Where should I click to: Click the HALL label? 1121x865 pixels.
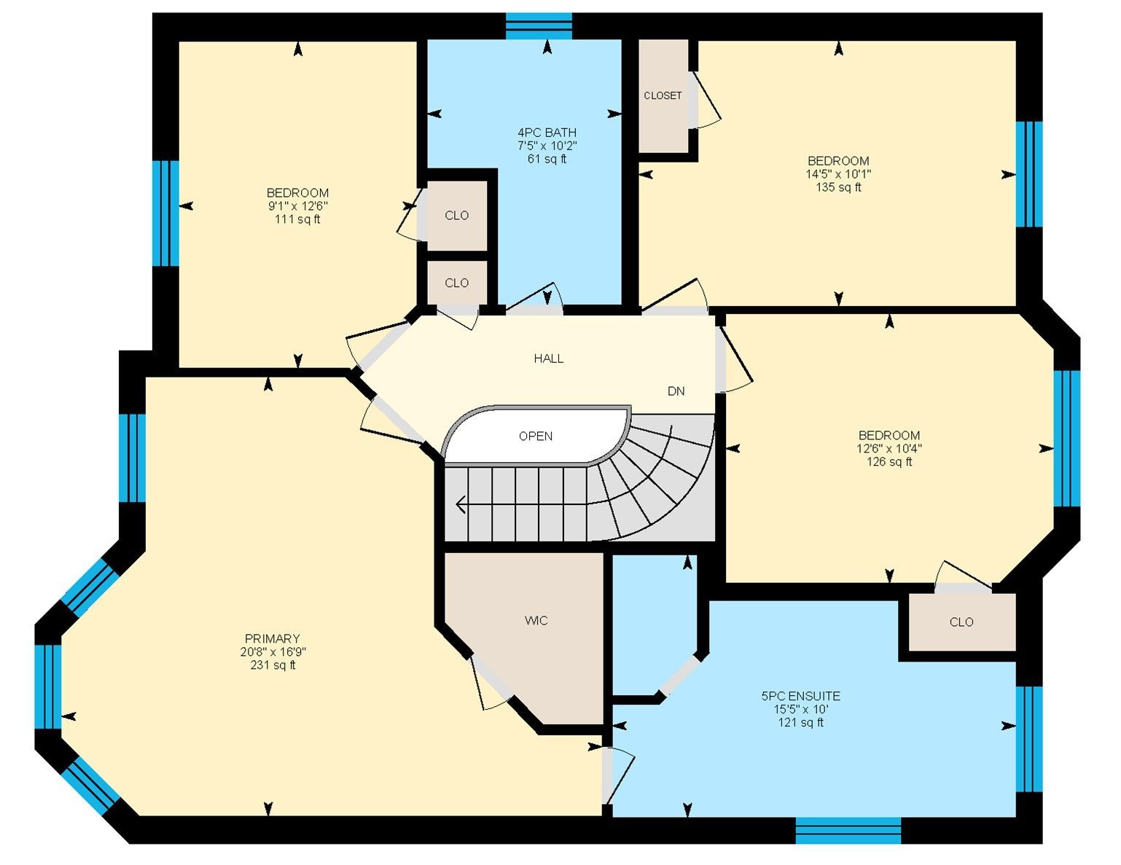(x=548, y=359)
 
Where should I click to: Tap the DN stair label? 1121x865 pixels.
(x=676, y=391)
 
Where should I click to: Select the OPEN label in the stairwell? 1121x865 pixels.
(x=536, y=437)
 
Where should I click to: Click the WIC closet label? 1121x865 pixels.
(x=536, y=621)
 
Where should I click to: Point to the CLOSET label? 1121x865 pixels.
(x=663, y=96)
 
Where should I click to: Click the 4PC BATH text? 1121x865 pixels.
(x=547, y=133)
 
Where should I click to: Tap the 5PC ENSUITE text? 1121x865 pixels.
(x=800, y=697)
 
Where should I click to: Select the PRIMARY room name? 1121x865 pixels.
(x=273, y=638)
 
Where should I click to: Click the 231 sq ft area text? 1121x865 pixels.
(x=273, y=665)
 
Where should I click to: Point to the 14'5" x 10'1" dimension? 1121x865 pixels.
(x=838, y=174)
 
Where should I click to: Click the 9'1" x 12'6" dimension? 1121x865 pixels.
(x=297, y=206)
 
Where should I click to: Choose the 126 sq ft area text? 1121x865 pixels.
(x=889, y=462)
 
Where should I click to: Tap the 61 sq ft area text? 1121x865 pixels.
(x=547, y=160)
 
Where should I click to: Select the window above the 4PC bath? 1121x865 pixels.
(x=539, y=26)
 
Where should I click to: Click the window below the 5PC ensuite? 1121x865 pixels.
(x=848, y=831)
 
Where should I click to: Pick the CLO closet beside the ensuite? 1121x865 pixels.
(x=962, y=622)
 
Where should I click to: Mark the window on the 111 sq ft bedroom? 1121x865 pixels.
(x=165, y=214)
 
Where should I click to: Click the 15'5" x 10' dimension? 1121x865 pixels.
(x=800, y=710)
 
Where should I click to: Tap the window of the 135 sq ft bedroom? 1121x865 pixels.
(x=1029, y=174)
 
